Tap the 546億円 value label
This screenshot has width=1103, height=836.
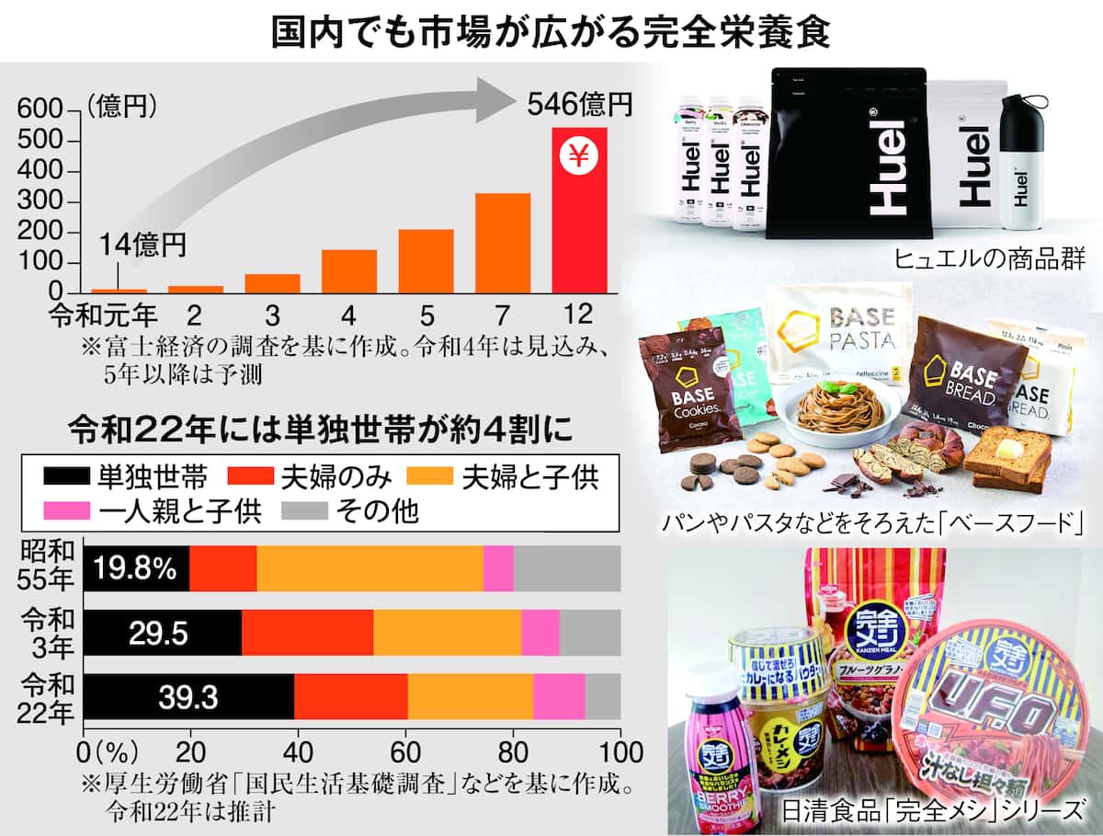coord(581,104)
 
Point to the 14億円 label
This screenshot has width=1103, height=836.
coord(142,245)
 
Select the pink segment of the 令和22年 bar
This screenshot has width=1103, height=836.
coord(559,697)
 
